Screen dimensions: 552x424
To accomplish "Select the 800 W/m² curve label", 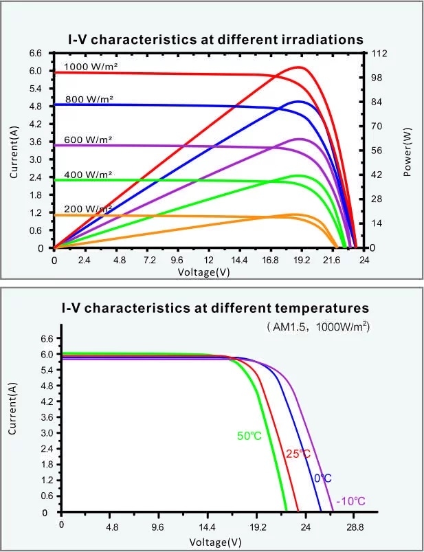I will (89, 100).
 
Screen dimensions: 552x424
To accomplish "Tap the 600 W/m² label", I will (89, 140).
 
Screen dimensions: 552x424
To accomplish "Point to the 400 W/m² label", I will (89, 175).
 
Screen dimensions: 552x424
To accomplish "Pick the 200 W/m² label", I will (89, 208).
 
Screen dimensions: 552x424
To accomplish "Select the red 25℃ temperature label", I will (298, 454).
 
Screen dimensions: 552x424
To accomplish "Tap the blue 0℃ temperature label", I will (323, 478).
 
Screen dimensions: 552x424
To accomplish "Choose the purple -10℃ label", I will (350, 500).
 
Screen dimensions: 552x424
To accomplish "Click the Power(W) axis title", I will (407, 150).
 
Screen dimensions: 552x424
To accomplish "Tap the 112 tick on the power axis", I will (377, 54).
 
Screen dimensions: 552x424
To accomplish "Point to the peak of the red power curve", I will (299, 67).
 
